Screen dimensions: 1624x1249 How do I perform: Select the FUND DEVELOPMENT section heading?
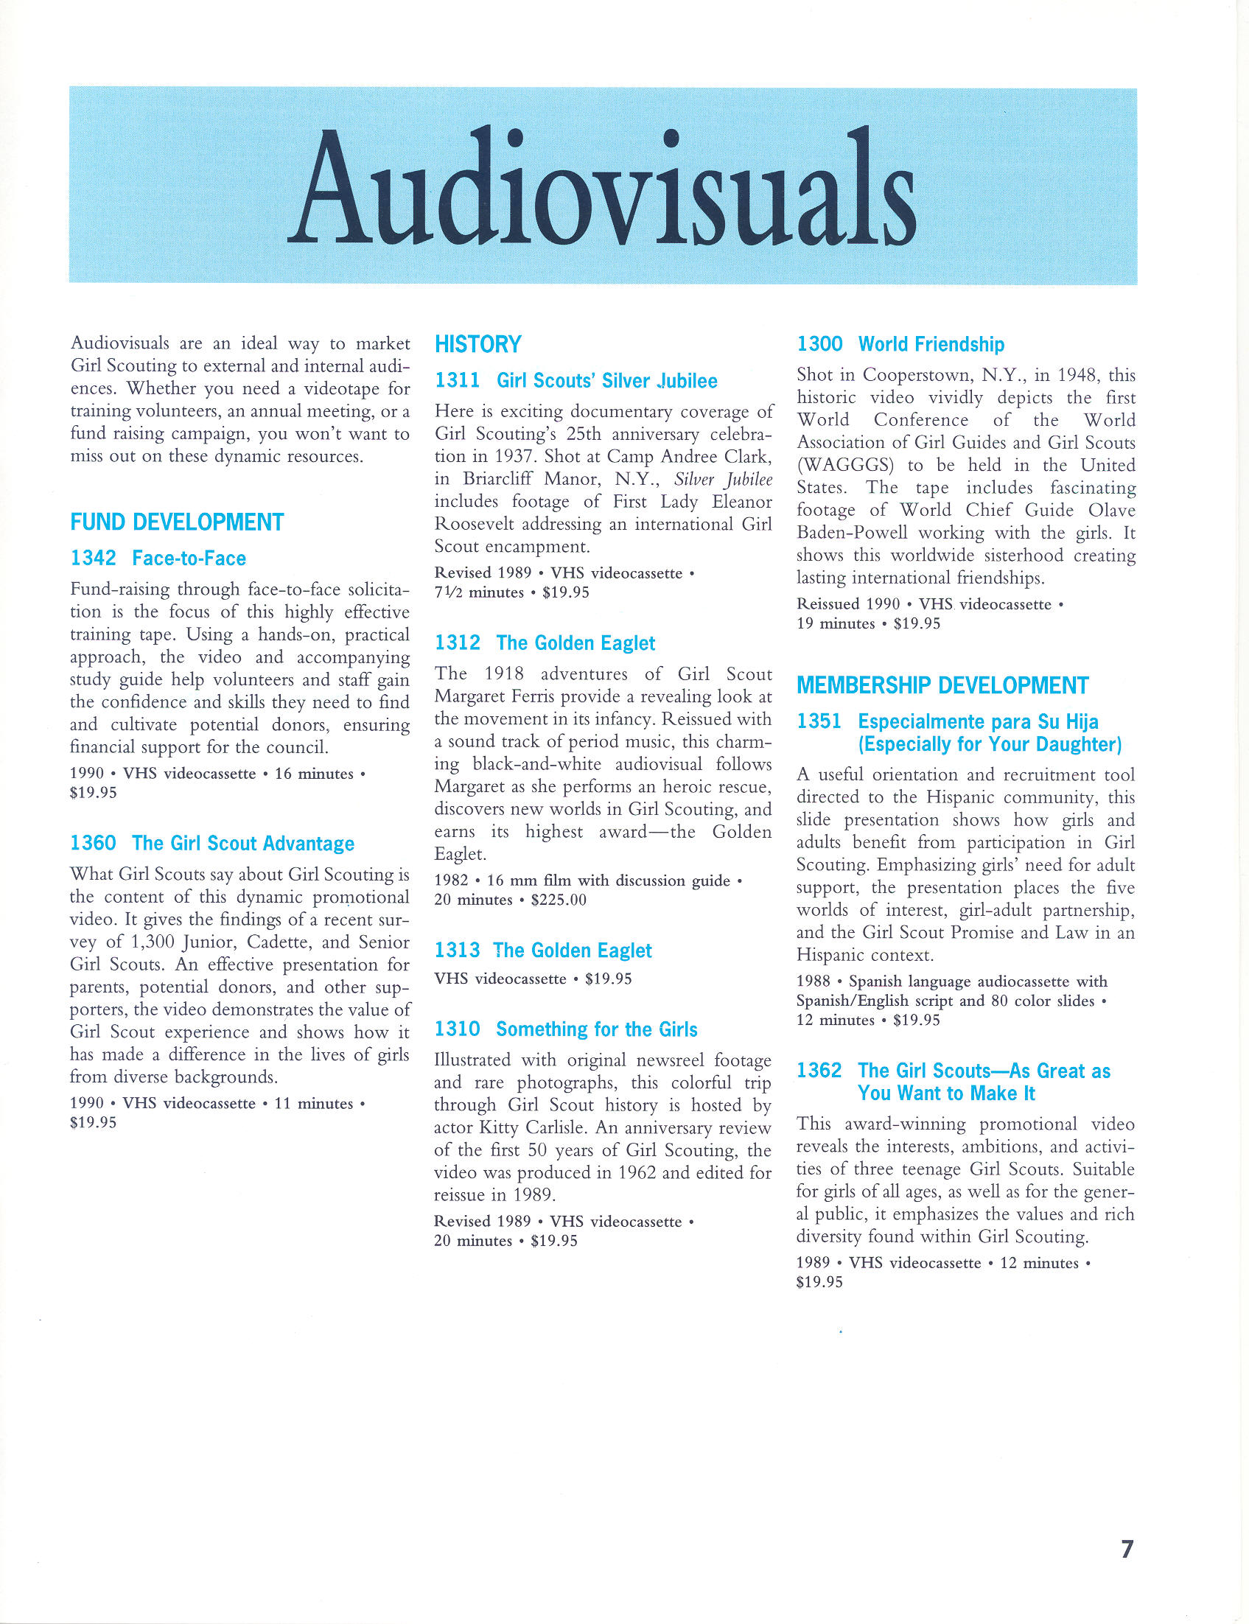point(177,522)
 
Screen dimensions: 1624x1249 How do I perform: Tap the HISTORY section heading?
point(478,344)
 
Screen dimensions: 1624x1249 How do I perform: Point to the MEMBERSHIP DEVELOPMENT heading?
point(942,685)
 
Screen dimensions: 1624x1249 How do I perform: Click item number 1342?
point(93,559)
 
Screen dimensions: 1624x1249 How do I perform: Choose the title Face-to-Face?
point(189,559)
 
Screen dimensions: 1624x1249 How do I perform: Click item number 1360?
point(93,844)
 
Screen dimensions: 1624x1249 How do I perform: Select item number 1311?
point(457,380)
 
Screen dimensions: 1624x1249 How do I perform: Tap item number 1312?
point(457,643)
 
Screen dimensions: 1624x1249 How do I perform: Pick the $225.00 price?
point(559,900)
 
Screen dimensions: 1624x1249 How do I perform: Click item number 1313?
point(457,951)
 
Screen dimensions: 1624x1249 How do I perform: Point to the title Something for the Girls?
point(596,1029)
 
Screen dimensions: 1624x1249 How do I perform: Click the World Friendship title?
point(931,344)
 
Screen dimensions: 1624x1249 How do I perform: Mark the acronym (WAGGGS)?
point(844,465)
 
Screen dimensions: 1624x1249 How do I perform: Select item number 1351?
point(819,721)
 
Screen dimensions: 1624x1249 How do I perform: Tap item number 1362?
point(819,1071)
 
